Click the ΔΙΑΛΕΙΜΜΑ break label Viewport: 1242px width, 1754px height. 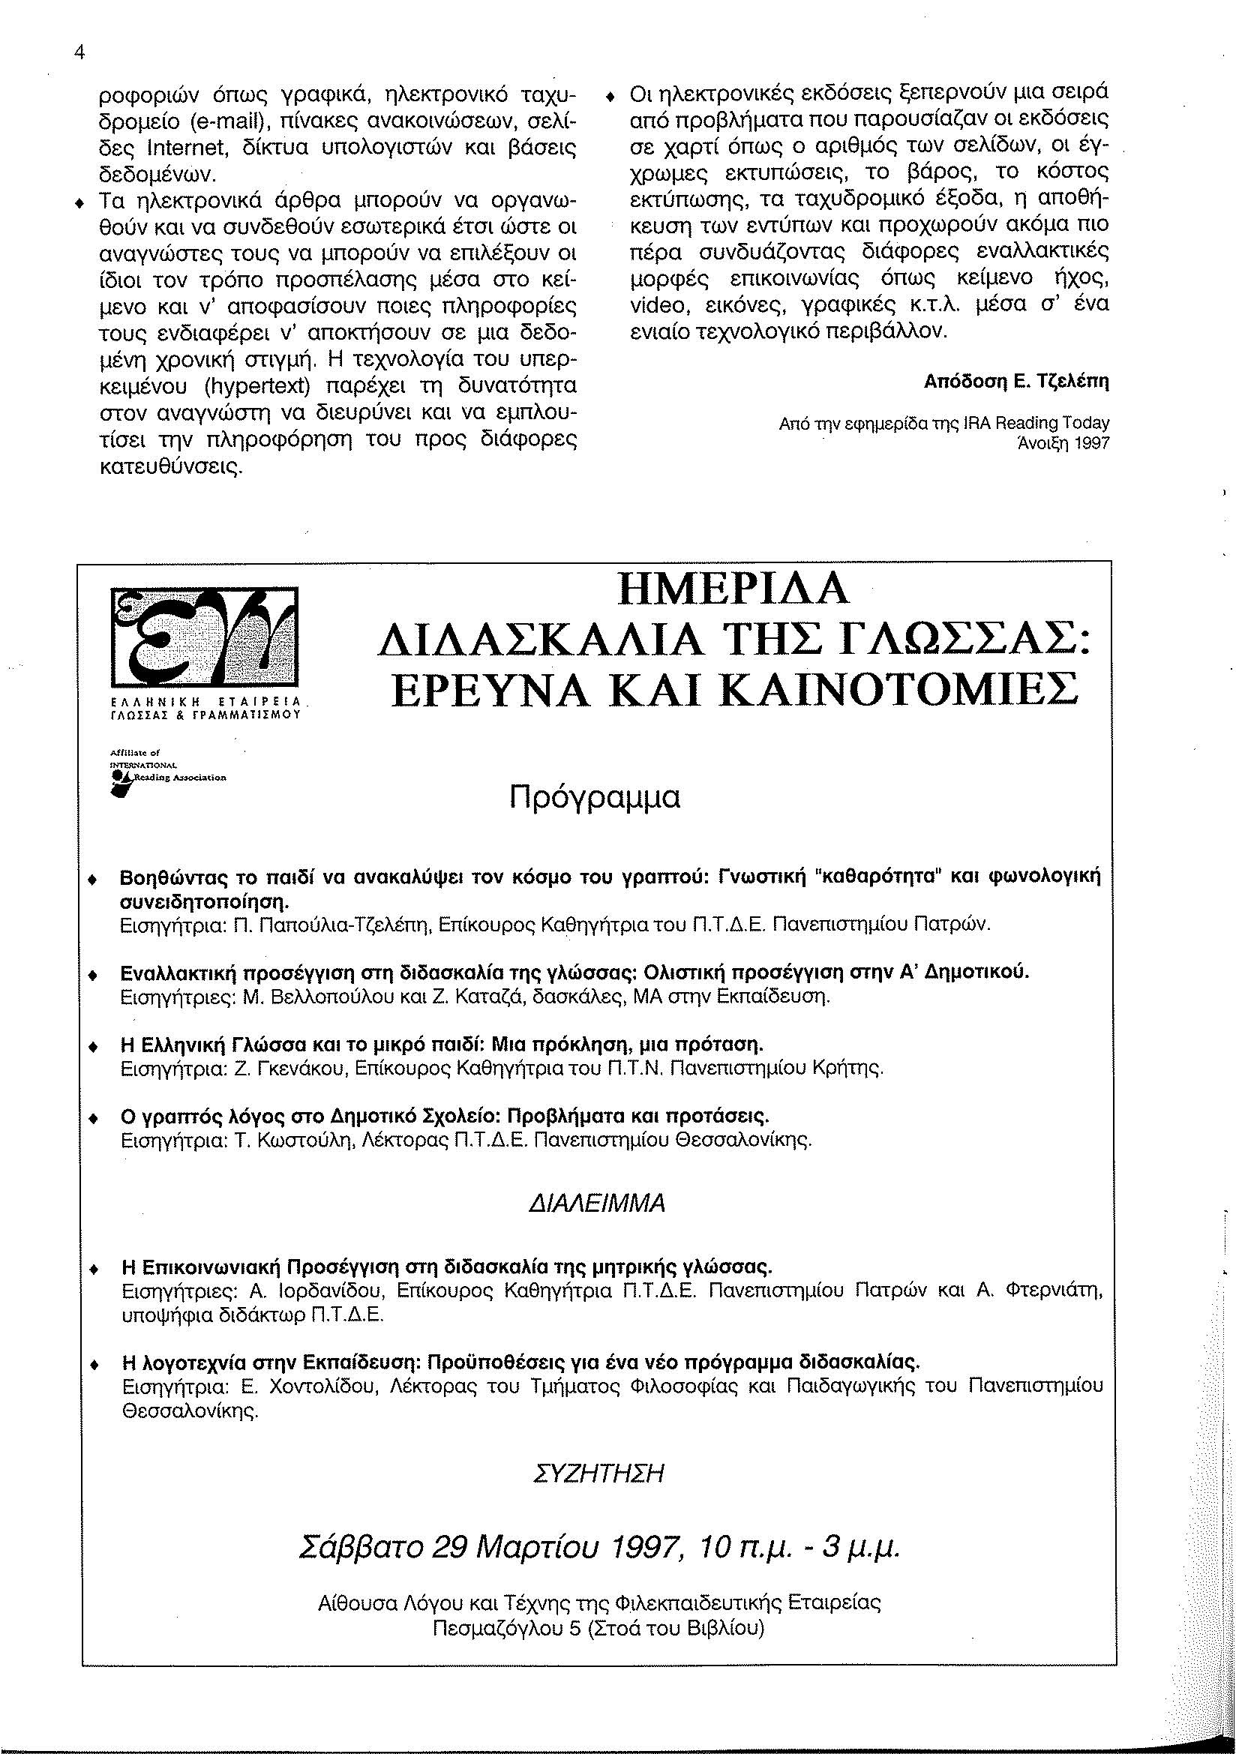coord(597,1204)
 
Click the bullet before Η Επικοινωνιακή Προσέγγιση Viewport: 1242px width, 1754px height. coord(93,1268)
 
